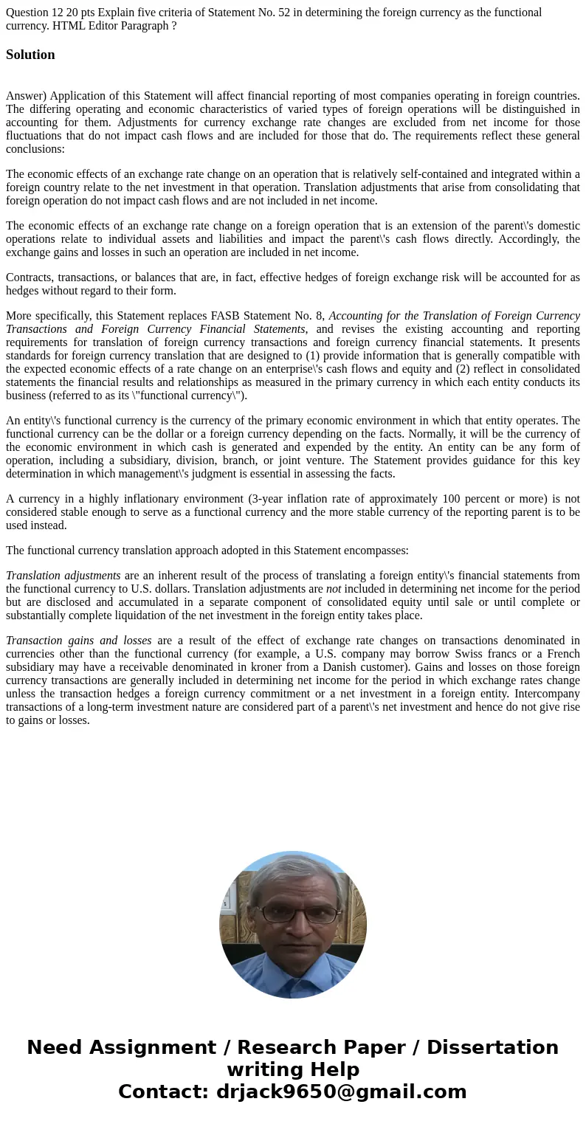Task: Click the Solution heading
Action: pyautogui.click(x=30, y=55)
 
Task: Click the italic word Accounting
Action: pyautogui.click(x=356, y=316)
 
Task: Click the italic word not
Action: pyautogui.click(x=334, y=589)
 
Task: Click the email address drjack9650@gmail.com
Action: pyautogui.click(x=341, y=1092)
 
